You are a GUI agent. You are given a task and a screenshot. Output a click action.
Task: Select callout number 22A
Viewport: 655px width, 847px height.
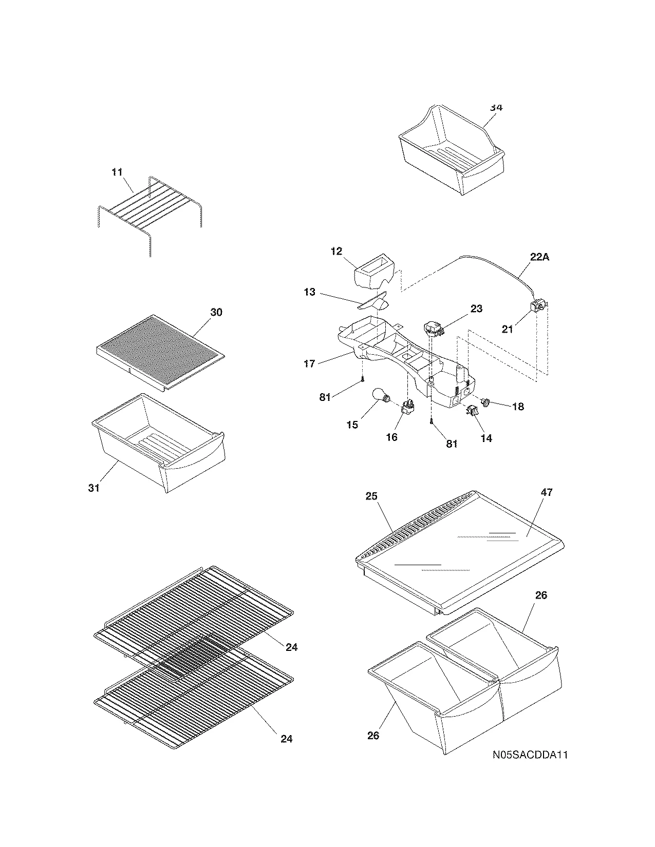pyautogui.click(x=539, y=257)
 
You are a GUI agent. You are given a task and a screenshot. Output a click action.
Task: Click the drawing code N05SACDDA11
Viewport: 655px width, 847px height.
pyautogui.click(x=530, y=755)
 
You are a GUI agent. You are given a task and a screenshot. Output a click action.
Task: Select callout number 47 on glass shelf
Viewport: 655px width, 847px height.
pyautogui.click(x=547, y=492)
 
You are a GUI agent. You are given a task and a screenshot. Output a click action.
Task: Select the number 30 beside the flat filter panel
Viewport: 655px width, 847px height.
pyautogui.click(x=216, y=312)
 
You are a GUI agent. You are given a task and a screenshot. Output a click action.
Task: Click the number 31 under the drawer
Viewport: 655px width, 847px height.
pyautogui.click(x=93, y=488)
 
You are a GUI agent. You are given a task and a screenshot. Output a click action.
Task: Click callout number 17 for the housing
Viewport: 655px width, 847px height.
pyautogui.click(x=309, y=364)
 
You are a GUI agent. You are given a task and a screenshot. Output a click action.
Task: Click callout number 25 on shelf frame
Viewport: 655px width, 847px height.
pyautogui.click(x=371, y=496)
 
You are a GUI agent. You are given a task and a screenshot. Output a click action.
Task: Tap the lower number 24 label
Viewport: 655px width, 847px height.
pyautogui.click(x=287, y=739)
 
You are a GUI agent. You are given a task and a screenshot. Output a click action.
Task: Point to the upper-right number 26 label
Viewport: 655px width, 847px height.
pyautogui.click(x=541, y=595)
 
